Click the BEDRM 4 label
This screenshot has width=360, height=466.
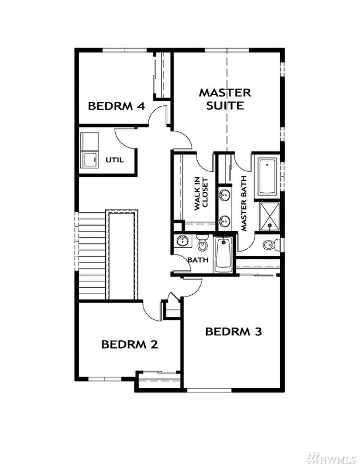117,106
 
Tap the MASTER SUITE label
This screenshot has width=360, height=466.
225,99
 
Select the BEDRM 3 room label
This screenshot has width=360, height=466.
233,332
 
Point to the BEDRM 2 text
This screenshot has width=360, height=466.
130,344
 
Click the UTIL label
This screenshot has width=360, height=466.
115,161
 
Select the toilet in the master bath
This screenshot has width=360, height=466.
270,244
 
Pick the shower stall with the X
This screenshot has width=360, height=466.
270,214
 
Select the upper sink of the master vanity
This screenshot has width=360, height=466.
224,195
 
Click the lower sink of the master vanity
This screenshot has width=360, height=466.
224,221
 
